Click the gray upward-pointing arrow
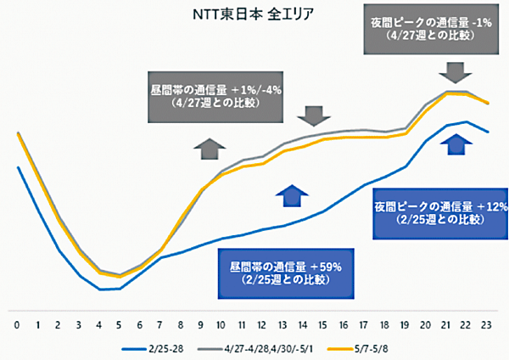point(206,148)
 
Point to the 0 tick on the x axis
point(17,324)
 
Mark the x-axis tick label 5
point(119,324)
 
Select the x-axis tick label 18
point(384,324)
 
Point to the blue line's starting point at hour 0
point(18,167)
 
